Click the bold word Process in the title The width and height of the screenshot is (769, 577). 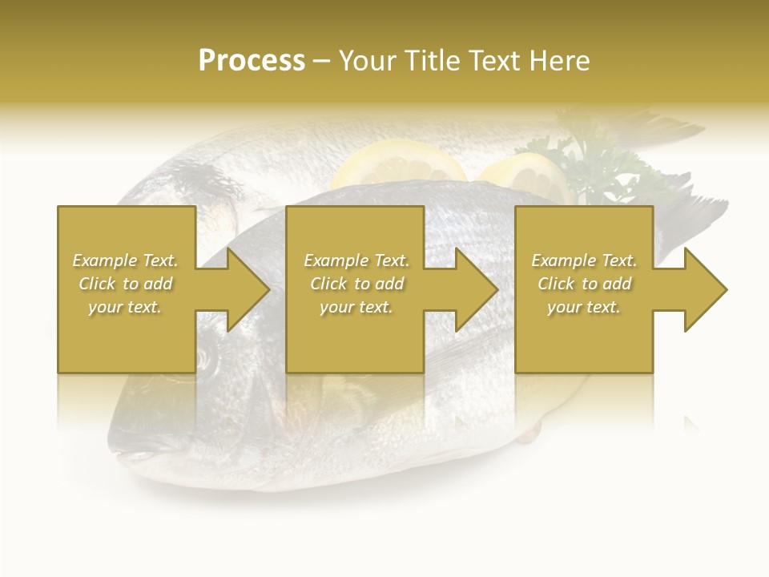tap(252, 61)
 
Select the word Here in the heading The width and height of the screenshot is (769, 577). tap(558, 61)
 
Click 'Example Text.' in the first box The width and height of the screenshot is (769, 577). tap(125, 260)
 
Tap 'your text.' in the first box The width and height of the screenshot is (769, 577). tap(125, 307)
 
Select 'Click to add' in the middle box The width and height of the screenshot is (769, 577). tap(356, 284)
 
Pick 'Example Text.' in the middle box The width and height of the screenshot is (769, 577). tap(356, 260)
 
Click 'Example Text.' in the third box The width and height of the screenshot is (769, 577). tap(584, 260)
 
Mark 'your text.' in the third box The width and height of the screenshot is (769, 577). tap(584, 307)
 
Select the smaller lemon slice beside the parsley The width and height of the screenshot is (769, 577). tap(525, 172)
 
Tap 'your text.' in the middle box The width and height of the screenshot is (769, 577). tap(356, 307)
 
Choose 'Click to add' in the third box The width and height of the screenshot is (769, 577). tap(584, 284)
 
